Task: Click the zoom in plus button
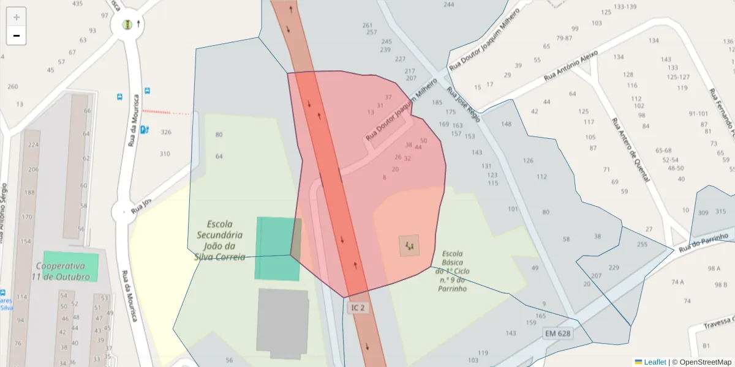pyautogui.click(x=17, y=17)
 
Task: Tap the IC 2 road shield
pyautogui.click(x=358, y=308)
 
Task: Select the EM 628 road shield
pyautogui.click(x=557, y=333)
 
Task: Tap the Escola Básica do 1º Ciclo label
pyautogui.click(x=452, y=270)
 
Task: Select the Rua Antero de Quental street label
pyautogui.click(x=630, y=149)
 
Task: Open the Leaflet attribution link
pyautogui.click(x=655, y=362)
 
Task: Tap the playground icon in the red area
pyautogui.click(x=409, y=247)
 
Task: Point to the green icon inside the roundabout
pyautogui.click(x=127, y=24)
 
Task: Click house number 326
pyautogui.click(x=166, y=132)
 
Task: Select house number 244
pyautogui.click(x=449, y=5)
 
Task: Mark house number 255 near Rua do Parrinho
pyautogui.click(x=642, y=245)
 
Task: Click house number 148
pyautogui.click(x=506, y=124)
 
